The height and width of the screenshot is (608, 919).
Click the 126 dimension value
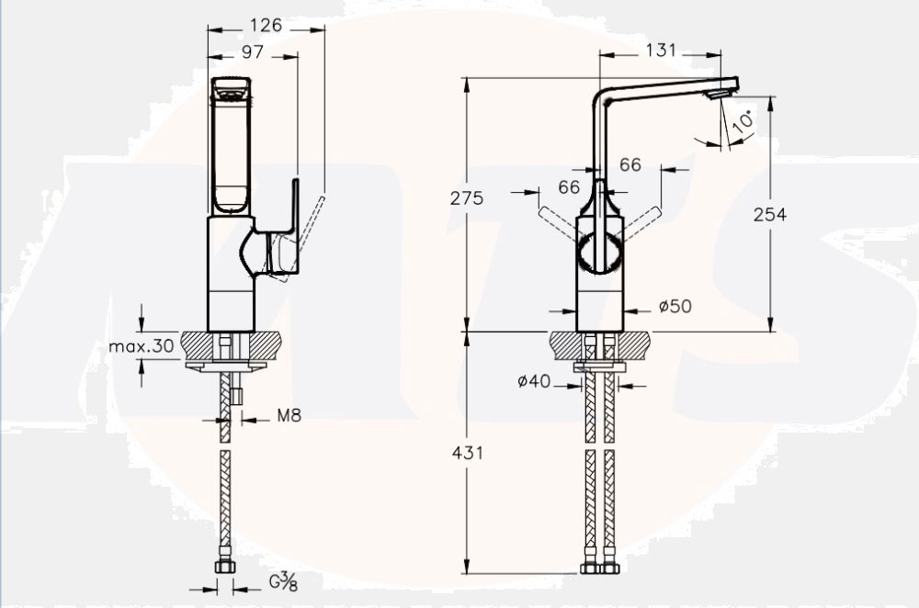click(x=266, y=25)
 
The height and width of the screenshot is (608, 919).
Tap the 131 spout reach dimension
click(x=660, y=50)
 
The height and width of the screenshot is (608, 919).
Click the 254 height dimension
click(x=769, y=214)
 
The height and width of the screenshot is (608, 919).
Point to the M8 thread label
click(x=289, y=416)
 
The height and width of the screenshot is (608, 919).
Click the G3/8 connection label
click(x=283, y=581)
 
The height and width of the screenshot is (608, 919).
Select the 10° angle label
click(x=743, y=120)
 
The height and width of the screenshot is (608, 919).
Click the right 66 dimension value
click(x=630, y=164)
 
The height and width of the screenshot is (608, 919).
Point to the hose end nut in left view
click(x=225, y=567)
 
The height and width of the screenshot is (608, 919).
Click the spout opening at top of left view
click(x=231, y=90)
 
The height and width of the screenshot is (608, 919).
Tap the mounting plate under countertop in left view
click(x=225, y=366)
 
